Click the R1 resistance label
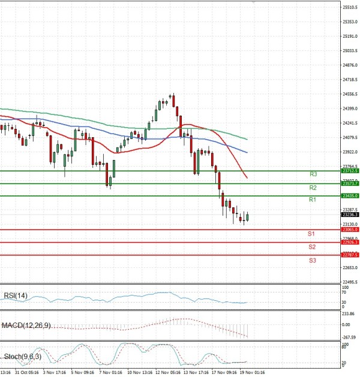pos(313,199)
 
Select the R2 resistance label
pos(313,188)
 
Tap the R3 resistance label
pos(313,174)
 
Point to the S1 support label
pos(312,233)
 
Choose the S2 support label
pos(312,246)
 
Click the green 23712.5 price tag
pos(350,171)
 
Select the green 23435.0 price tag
pos(350,196)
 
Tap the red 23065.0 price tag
pos(350,230)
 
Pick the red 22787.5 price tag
pos(350,255)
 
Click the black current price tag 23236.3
pos(350,214)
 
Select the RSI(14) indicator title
pos(15,295)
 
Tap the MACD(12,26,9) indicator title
pos(27,325)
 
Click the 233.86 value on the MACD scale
pos(349,313)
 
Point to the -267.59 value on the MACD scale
pos(349,336)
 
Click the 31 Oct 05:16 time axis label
pos(27,372)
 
